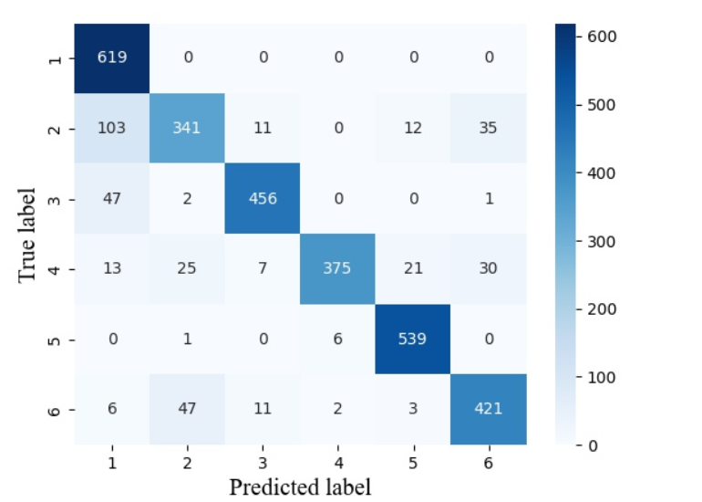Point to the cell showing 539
(412, 339)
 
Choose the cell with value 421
(489, 409)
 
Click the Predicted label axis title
(300, 486)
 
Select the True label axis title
(28, 234)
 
